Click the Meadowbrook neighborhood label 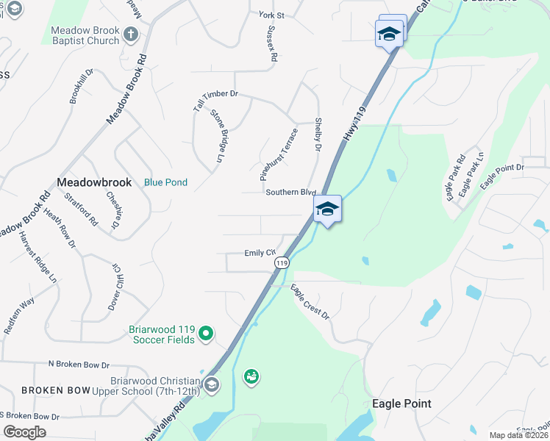click(x=94, y=182)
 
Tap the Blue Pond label click(x=165, y=182)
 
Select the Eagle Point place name click(x=401, y=404)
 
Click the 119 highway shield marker click(x=281, y=262)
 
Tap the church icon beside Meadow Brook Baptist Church click(x=130, y=35)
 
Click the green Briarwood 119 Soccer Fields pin click(x=207, y=334)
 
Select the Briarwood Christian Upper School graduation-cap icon click(x=212, y=384)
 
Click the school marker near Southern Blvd click(x=327, y=209)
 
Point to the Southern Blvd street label click(x=290, y=192)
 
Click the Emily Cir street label click(x=260, y=253)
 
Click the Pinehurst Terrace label click(x=279, y=155)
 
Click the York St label click(x=271, y=15)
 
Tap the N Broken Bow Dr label click(x=79, y=365)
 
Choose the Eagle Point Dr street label click(x=502, y=177)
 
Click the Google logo click(x=24, y=432)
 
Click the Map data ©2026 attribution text click(x=518, y=435)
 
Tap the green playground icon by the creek click(x=251, y=377)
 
